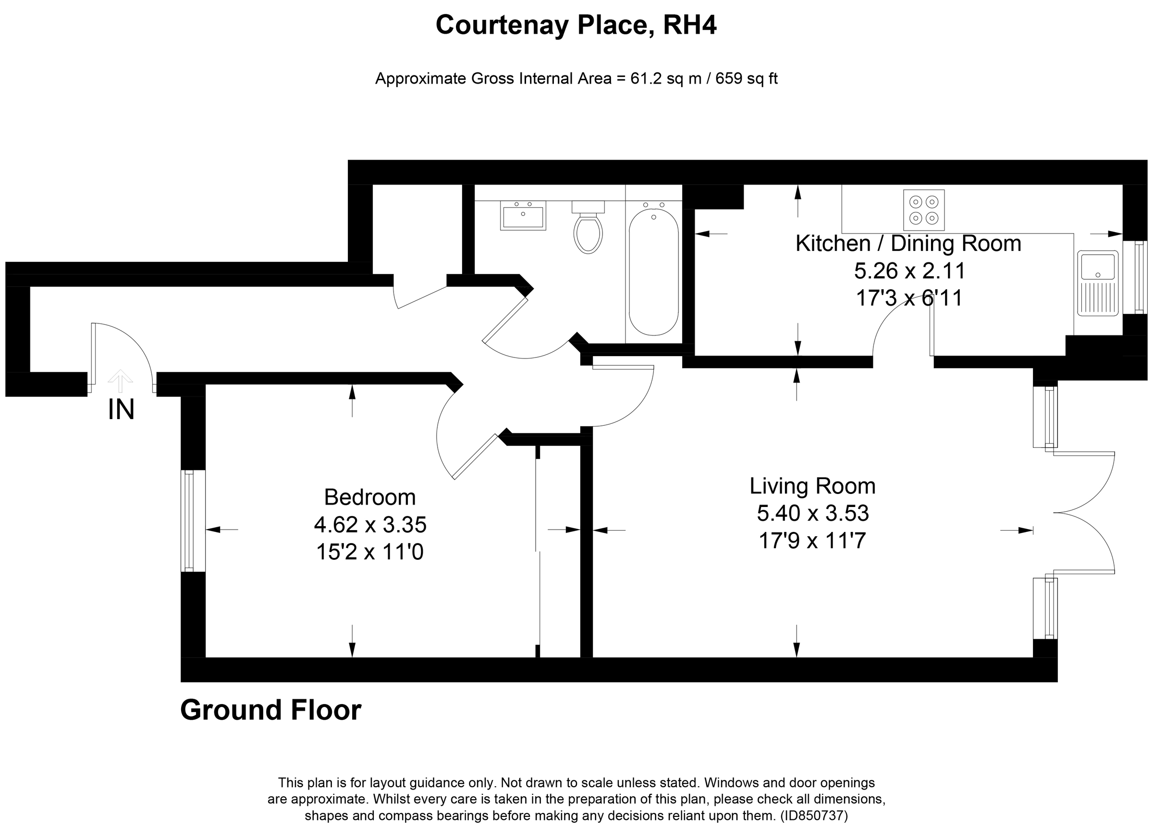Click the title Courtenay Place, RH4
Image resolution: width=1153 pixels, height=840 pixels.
(x=576, y=25)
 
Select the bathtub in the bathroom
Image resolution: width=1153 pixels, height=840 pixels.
(x=653, y=272)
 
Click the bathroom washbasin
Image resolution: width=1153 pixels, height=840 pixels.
(x=523, y=216)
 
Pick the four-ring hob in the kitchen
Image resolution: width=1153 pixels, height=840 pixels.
(x=924, y=210)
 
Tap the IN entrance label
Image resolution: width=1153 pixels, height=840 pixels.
(x=121, y=410)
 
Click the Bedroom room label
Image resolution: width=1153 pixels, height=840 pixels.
(x=369, y=497)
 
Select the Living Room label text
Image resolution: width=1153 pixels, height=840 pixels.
(x=812, y=486)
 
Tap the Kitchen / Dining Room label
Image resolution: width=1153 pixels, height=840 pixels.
(x=908, y=244)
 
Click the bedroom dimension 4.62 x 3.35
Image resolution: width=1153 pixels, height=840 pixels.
(x=369, y=525)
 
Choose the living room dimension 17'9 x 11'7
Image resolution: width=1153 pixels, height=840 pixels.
(x=812, y=541)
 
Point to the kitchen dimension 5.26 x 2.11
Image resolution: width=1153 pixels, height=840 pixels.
(x=909, y=271)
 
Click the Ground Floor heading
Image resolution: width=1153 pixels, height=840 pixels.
(x=270, y=710)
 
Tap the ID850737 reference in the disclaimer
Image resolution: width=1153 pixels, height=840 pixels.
(x=814, y=816)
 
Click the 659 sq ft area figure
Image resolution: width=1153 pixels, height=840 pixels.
(x=746, y=79)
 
